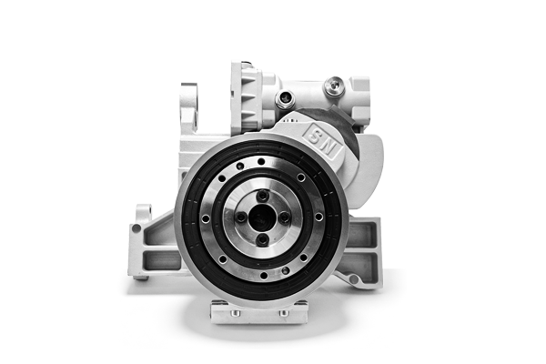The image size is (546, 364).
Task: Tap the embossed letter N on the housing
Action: pos(329,147)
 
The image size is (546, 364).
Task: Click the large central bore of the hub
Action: pos(262,217)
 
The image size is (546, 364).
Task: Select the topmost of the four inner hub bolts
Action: pos(262,195)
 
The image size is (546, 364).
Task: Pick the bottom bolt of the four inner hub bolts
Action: pos(262,239)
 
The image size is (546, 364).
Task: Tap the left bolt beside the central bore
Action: pos(240,217)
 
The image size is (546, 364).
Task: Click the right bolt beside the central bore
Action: pos(285,217)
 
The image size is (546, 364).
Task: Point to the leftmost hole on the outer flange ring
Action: pos(206,218)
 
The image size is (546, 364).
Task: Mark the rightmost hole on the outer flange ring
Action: pos(318,217)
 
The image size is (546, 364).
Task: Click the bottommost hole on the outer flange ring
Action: pos(264,276)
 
